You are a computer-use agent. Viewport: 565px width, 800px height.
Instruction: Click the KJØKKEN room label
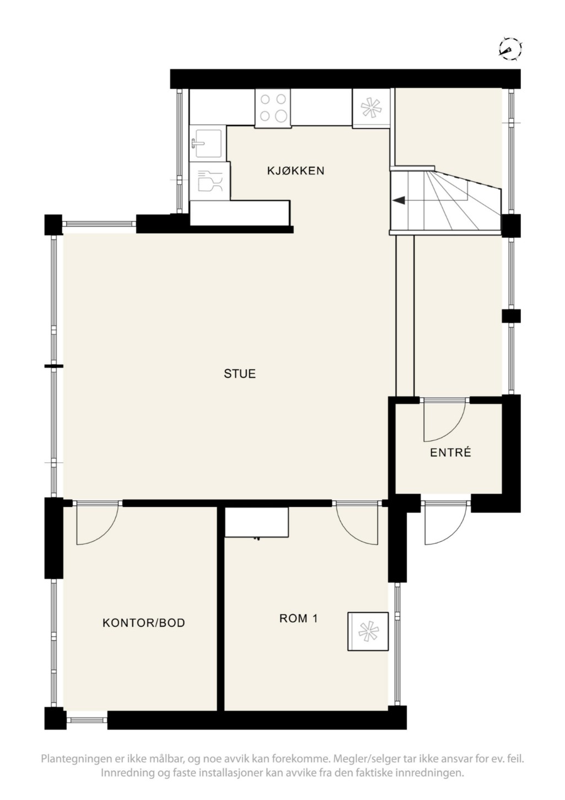coord(295,170)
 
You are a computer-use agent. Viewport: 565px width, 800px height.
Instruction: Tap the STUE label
coord(240,374)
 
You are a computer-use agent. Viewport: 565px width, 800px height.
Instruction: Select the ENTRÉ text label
coord(450,452)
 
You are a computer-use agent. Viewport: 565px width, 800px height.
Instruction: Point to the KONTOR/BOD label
coord(143,623)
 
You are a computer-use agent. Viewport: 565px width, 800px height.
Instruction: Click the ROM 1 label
coord(298,618)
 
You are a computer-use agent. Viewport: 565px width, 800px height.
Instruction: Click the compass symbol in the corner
coord(510,49)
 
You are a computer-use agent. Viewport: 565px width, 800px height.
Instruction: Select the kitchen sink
coord(208,143)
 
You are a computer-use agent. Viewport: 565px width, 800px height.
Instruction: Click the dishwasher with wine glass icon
coord(210,181)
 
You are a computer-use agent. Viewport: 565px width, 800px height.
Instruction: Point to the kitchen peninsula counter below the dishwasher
coord(240,213)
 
